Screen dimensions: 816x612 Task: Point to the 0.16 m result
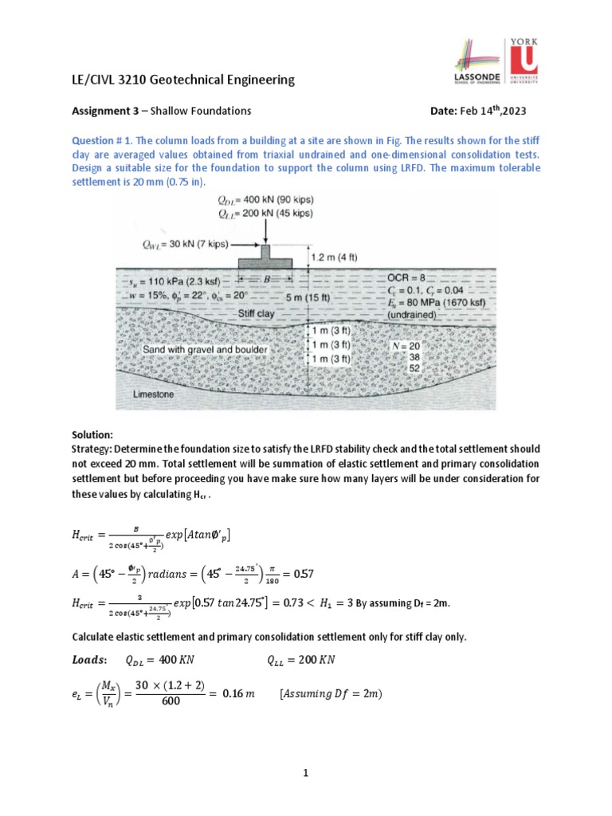pyautogui.click(x=239, y=694)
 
